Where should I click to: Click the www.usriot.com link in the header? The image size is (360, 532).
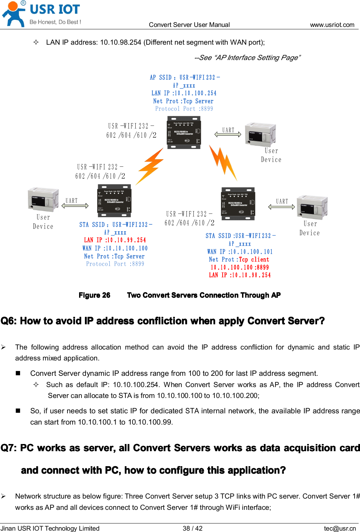click(332, 25)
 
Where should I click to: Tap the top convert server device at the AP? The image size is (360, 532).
click(183, 133)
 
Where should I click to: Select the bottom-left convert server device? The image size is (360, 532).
click(114, 201)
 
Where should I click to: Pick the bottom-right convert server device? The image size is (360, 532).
click(238, 204)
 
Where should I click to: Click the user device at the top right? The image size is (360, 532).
click(260, 135)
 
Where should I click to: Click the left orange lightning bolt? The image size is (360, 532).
click(150, 166)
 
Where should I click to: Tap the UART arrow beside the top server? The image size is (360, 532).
click(228, 134)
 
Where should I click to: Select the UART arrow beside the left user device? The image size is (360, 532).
click(75, 205)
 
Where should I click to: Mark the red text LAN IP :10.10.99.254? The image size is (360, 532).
click(115, 240)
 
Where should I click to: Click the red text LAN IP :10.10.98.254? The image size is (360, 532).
click(240, 275)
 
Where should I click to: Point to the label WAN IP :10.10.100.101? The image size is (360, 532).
click(240, 252)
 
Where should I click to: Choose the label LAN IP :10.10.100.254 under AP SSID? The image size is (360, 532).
click(184, 93)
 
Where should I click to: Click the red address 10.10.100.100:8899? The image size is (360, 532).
click(240, 267)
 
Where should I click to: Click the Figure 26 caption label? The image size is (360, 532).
click(94, 295)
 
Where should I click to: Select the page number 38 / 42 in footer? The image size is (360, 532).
click(193, 528)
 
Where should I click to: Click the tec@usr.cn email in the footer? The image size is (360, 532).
click(340, 528)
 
